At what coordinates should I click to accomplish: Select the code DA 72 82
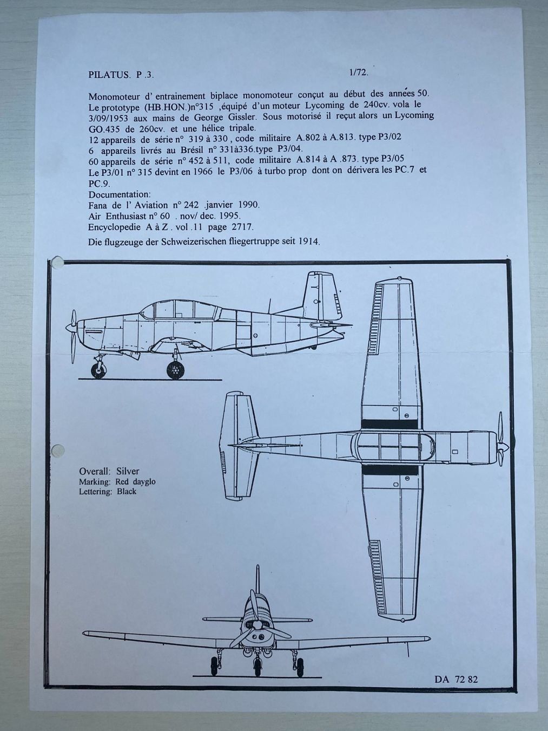[x=455, y=680]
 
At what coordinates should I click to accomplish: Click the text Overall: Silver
[x=109, y=471]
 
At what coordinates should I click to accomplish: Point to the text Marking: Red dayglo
[x=117, y=481]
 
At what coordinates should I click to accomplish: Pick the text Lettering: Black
[x=108, y=492]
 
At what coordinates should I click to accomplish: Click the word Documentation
[x=120, y=194]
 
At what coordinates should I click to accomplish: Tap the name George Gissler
[x=203, y=116]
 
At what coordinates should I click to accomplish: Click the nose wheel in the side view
[x=98, y=370]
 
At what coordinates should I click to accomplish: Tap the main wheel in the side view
[x=175, y=370]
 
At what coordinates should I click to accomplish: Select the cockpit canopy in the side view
[x=180, y=310]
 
